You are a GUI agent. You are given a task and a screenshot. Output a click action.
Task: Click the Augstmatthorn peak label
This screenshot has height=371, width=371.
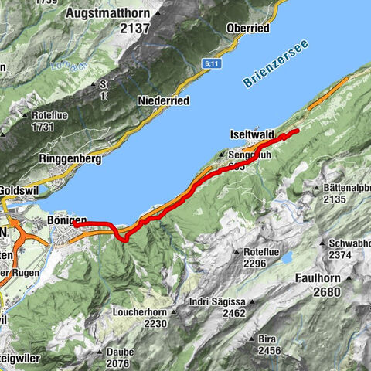(x=111, y=14)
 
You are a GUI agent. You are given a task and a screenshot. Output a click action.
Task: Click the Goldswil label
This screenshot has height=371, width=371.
(x=15, y=189)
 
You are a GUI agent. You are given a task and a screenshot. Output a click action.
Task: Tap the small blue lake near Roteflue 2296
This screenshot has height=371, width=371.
(x=287, y=256)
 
